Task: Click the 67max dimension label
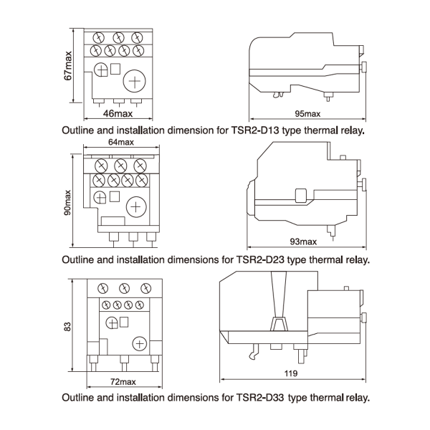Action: click(x=68, y=66)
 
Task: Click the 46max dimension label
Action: click(x=118, y=113)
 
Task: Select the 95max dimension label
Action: click(x=307, y=114)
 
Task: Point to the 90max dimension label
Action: click(x=67, y=202)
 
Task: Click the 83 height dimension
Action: click(x=68, y=325)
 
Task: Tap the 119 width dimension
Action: click(x=290, y=374)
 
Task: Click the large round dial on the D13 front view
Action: click(x=134, y=81)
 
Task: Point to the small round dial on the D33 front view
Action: click(x=111, y=323)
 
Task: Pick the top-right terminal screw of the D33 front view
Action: click(x=146, y=288)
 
